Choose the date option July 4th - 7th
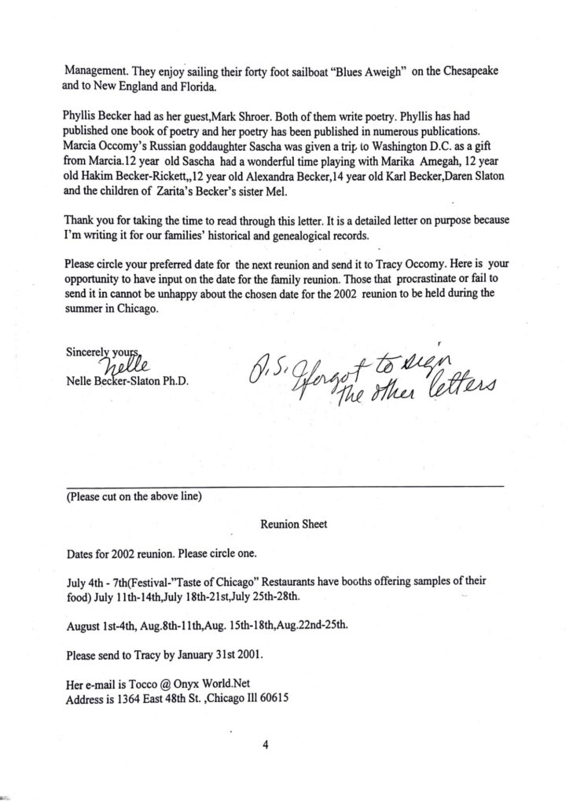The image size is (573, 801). coord(98,582)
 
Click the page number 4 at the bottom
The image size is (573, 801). coord(266,746)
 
